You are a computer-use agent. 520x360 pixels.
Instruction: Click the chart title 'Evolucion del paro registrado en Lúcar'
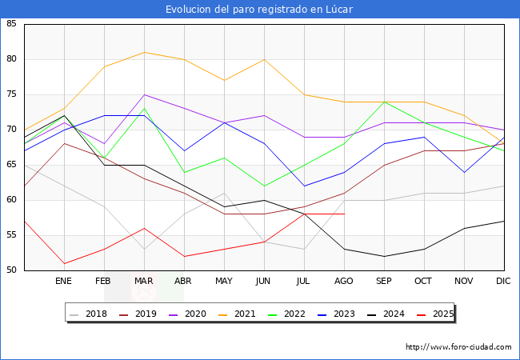(259, 9)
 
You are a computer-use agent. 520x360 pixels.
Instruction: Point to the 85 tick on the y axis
(11, 24)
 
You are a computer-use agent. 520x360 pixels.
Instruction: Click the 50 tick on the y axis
(11, 270)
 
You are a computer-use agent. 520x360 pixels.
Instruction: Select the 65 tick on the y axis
(11, 165)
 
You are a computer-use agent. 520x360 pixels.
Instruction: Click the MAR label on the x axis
(144, 282)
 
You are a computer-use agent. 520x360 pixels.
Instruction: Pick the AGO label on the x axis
(344, 282)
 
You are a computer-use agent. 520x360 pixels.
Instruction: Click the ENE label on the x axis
(64, 282)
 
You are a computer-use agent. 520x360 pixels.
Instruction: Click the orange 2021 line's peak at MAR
(144, 52)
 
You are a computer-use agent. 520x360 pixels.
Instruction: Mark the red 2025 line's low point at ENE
(64, 263)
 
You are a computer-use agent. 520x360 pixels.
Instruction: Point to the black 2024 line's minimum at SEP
(384, 256)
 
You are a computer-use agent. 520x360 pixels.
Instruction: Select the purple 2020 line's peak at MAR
(144, 94)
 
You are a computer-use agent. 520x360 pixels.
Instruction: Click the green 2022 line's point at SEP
(384, 102)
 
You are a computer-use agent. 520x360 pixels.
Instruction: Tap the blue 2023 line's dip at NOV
(464, 172)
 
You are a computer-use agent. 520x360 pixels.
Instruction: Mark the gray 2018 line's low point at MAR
(144, 249)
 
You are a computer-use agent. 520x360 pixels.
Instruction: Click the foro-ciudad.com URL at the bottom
(458, 347)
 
